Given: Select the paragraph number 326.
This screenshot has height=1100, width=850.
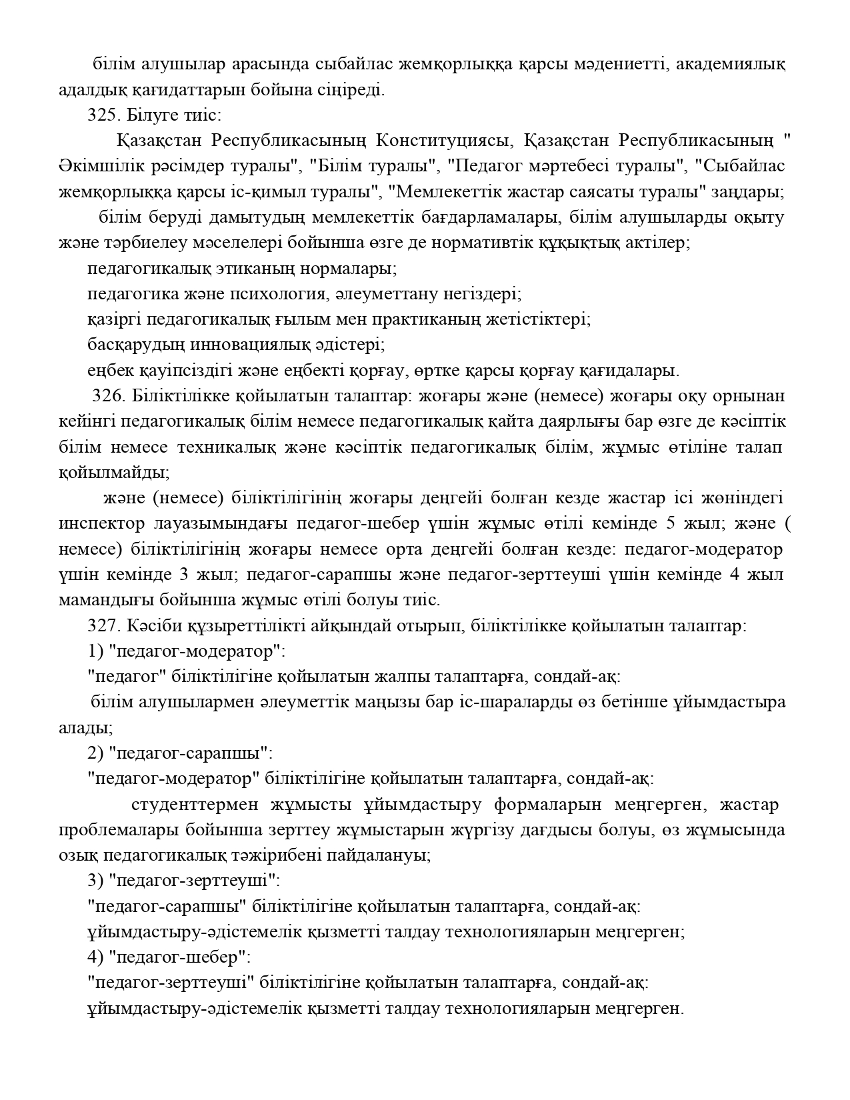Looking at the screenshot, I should (109, 396).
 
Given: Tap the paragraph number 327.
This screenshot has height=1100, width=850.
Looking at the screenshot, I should (101, 627).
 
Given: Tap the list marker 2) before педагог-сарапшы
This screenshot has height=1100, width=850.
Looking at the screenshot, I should (96, 754).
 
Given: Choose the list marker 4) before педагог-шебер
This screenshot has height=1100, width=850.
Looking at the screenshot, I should (96, 957).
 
